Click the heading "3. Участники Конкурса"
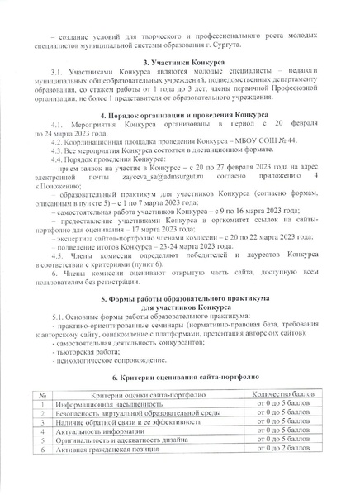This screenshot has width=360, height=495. pyautogui.click(x=180, y=62)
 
